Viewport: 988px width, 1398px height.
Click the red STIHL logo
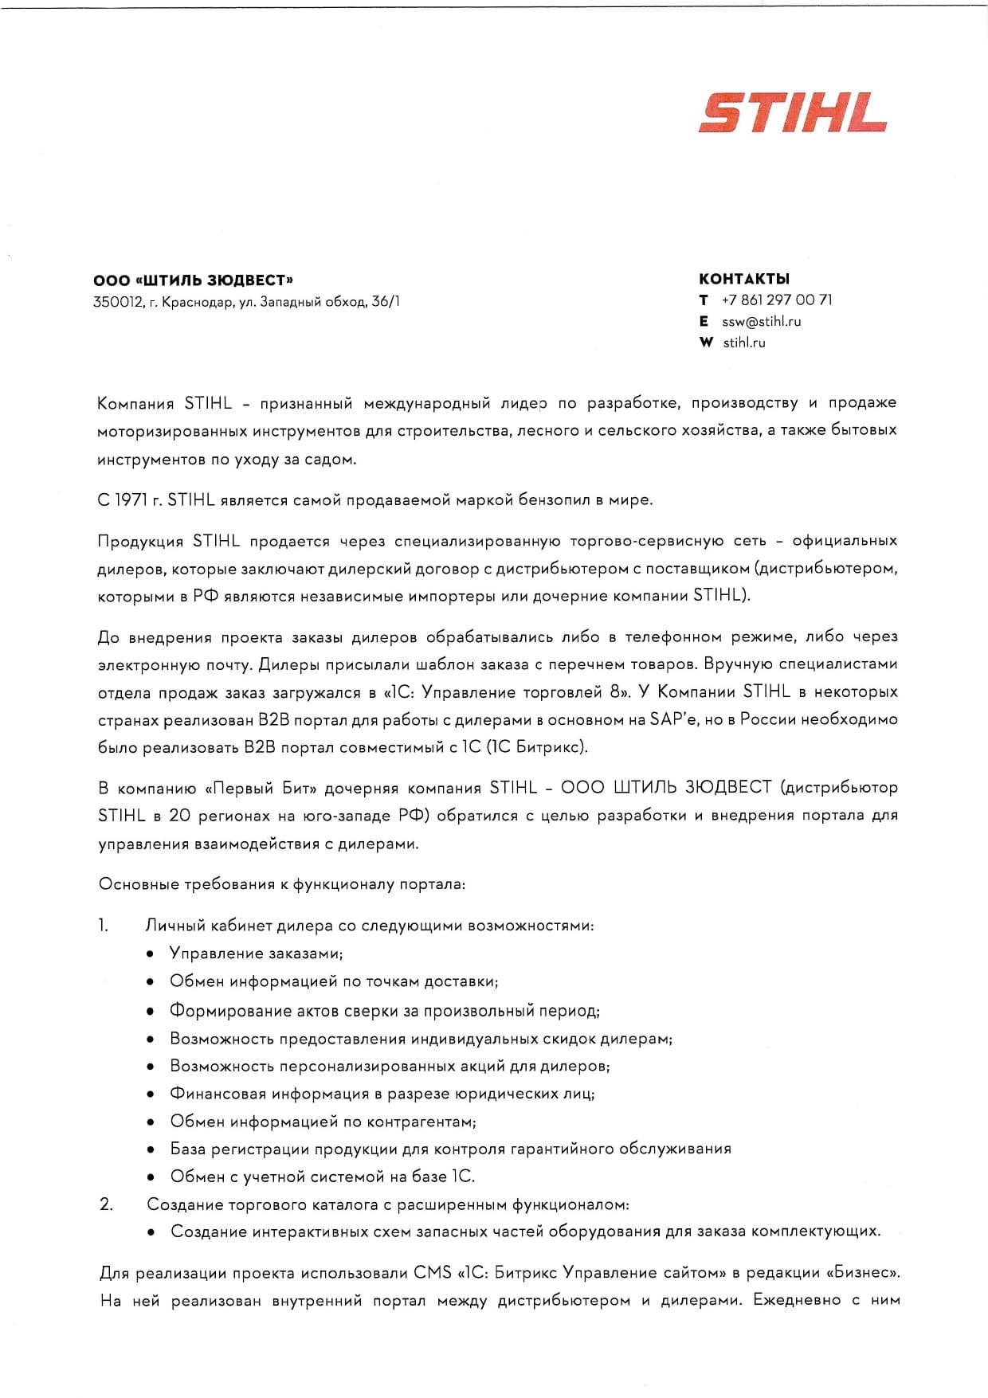(x=793, y=113)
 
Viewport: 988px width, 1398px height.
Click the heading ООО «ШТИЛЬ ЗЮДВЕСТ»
(x=194, y=280)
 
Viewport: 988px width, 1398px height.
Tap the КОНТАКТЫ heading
(x=744, y=279)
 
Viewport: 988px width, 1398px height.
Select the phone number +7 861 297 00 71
(x=777, y=300)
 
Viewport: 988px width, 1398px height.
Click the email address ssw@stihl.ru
(x=762, y=322)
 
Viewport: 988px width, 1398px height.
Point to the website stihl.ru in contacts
(x=744, y=343)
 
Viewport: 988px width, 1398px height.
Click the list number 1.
(x=104, y=926)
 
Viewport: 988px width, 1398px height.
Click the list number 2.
(x=106, y=1204)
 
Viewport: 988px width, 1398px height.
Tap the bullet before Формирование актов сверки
(x=151, y=1012)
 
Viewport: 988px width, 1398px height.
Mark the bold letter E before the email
(x=704, y=322)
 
